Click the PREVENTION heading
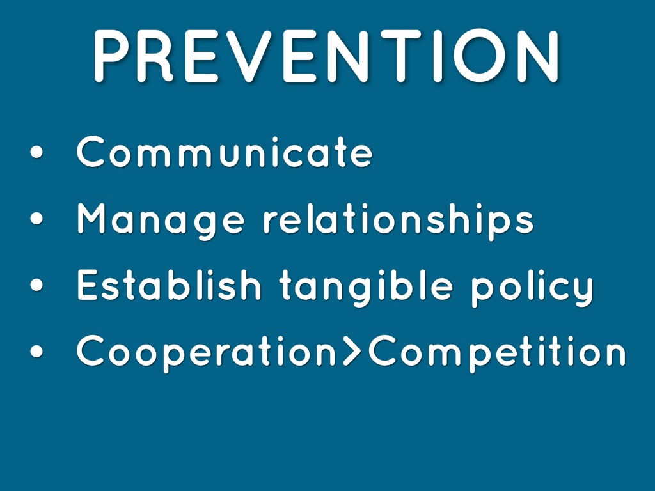[x=326, y=56]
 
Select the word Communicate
[x=225, y=152]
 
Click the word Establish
[x=169, y=284]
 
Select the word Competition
[x=498, y=353]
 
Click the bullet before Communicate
[x=36, y=152]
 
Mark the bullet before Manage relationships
[x=36, y=219]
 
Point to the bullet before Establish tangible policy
[x=36, y=284]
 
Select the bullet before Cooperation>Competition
[x=36, y=351]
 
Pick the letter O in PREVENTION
[x=480, y=56]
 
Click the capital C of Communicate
[x=91, y=152]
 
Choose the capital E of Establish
[x=87, y=284]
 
